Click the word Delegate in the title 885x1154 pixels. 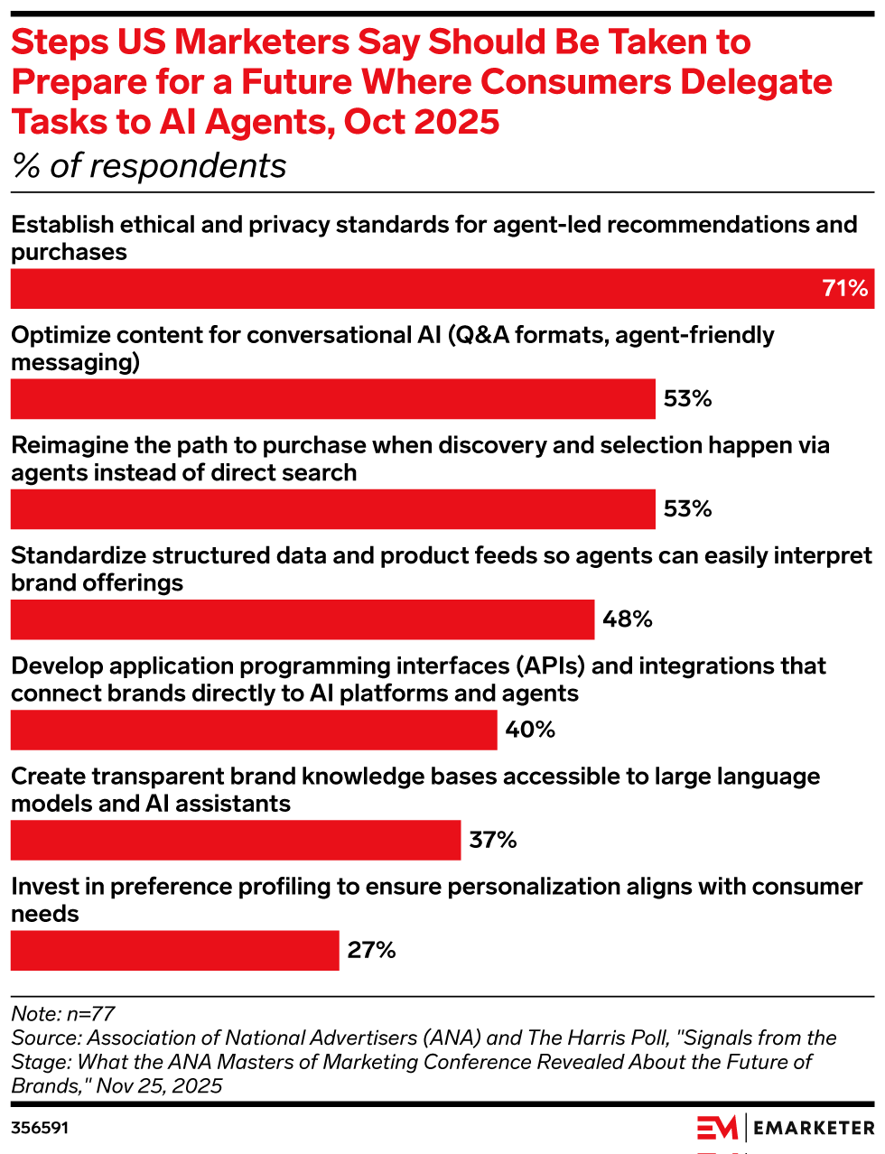pyautogui.click(x=756, y=82)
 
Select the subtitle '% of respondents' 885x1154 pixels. pyautogui.click(x=149, y=166)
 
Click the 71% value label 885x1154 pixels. pyautogui.click(x=845, y=289)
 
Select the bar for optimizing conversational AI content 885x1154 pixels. pyautogui.click(x=332, y=399)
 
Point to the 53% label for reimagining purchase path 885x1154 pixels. pyautogui.click(x=688, y=509)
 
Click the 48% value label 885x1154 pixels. pyautogui.click(x=628, y=619)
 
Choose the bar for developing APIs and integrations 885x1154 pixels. pyautogui.click(x=254, y=730)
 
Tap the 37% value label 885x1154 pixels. pyautogui.click(x=493, y=841)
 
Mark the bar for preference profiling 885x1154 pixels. pyautogui.click(x=174, y=951)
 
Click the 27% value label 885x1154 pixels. pyautogui.click(x=372, y=951)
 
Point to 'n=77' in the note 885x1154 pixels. pyautogui.click(x=90, y=1014)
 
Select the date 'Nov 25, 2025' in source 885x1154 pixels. pyautogui.click(x=159, y=1085)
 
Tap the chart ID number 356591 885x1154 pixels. pyautogui.click(x=40, y=1128)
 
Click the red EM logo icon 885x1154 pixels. pyautogui.click(x=717, y=1128)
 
